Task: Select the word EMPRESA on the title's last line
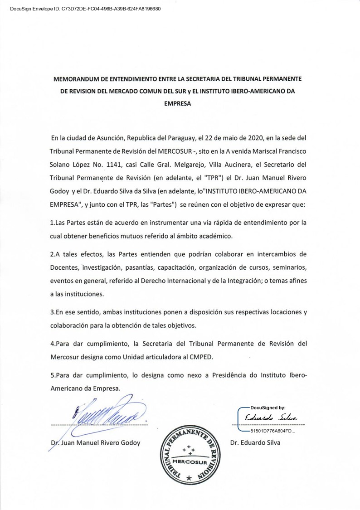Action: click(180, 103)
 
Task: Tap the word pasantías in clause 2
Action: click(154, 265)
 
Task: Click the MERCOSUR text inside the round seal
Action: click(189, 465)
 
